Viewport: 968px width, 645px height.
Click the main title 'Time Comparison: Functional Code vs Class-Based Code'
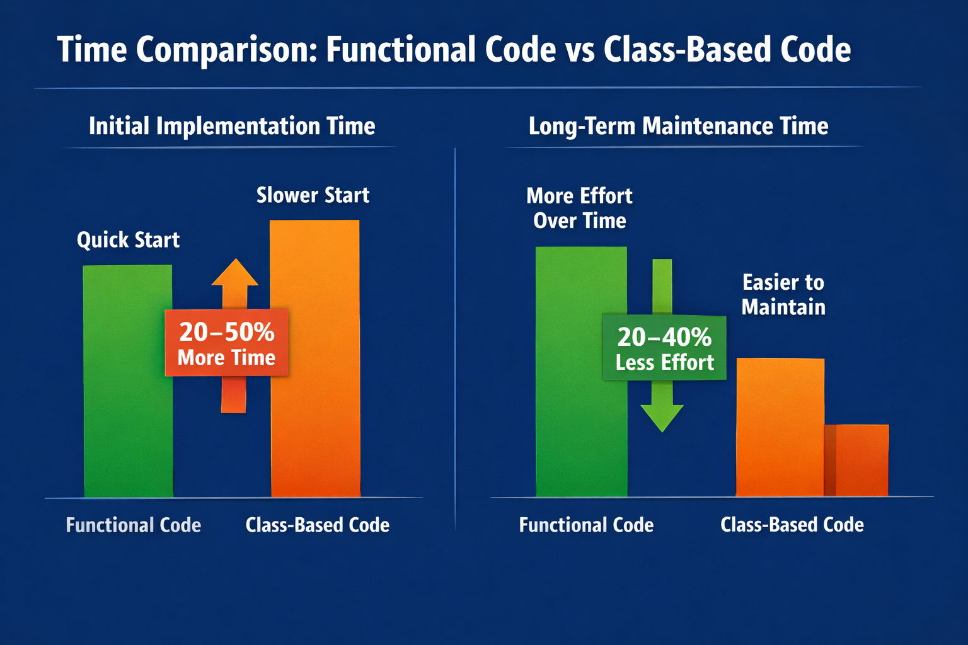click(454, 50)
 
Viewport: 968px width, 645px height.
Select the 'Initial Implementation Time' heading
click(232, 126)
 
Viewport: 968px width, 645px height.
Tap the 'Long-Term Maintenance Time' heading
click(678, 126)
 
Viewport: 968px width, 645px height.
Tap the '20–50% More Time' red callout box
click(227, 343)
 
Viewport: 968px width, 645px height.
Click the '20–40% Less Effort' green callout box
click(664, 348)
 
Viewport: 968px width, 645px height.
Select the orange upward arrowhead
click(234, 274)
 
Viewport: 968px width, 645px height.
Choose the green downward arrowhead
click(662, 417)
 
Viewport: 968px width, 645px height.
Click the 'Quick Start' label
click(128, 240)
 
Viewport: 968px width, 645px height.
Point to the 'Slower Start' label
click(313, 195)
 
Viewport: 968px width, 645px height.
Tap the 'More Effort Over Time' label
click(579, 208)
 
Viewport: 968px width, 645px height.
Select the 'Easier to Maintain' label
click(783, 294)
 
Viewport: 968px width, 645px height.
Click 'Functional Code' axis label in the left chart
click(133, 525)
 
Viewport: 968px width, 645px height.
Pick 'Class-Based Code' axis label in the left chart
click(317, 525)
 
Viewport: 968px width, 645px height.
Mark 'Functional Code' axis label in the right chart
click(586, 525)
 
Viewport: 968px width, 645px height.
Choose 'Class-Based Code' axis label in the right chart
click(792, 525)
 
